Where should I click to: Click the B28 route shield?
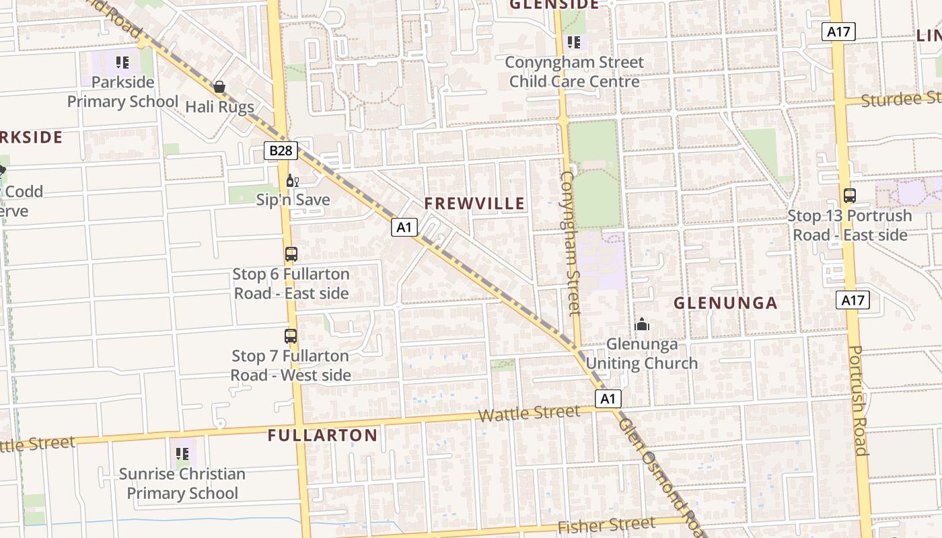(281, 151)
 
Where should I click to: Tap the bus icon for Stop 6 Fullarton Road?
(291, 254)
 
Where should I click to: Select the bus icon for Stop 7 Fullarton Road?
(291, 336)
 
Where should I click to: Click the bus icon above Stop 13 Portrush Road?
(850, 196)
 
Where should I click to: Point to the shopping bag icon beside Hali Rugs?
(219, 87)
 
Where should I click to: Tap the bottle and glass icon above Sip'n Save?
(292, 180)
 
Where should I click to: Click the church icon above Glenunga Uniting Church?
(642, 325)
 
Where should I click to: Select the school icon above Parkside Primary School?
(122, 63)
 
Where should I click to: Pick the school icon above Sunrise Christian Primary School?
(182, 454)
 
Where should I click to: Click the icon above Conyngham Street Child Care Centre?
(573, 42)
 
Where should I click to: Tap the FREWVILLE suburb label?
(474, 204)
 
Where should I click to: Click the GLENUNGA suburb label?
(725, 303)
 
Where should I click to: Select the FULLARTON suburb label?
(322, 435)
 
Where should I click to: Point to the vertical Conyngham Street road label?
(569, 243)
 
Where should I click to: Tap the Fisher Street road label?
(606, 526)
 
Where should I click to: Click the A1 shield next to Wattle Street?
(608, 399)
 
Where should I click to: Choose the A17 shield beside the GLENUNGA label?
(853, 300)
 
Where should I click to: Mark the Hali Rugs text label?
(219, 107)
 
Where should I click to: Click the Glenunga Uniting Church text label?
(642, 354)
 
